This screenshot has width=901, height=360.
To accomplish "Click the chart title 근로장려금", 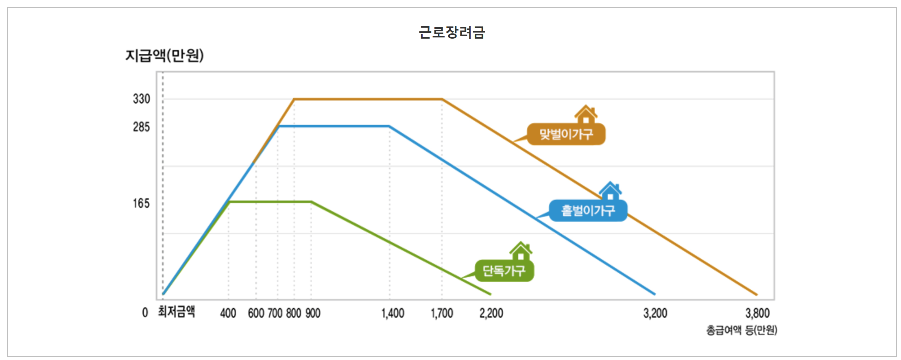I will pos(452,32).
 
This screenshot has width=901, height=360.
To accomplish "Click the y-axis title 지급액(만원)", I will pos(164,55).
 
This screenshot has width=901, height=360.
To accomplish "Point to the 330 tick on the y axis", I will pos(142,99).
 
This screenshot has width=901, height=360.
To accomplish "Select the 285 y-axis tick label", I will pos(142,127).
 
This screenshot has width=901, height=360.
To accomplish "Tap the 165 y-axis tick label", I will pos(142,203).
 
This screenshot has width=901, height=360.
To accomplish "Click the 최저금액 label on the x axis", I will pos(177,312).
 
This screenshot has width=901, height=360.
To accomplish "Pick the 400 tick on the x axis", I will pos(228,313).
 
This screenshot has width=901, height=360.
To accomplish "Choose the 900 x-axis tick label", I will pos(313,313).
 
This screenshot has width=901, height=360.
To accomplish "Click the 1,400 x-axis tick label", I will pos(393,313).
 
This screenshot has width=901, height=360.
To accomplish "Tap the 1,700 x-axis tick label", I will pos(442,313).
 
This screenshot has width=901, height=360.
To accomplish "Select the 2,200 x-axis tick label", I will pos(491,313).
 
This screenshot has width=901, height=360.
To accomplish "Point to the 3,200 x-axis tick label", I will pos(655,313).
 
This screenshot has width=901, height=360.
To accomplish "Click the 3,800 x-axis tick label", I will pos(757,313).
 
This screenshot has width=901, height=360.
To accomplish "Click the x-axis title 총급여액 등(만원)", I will pos(741,330).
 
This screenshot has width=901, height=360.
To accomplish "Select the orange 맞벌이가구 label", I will pos(566,134).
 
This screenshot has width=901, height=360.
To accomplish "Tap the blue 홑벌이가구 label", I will pos(588,211).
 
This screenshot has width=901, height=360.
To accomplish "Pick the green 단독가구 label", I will pos(504,271).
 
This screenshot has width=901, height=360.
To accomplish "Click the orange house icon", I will pos(586,114).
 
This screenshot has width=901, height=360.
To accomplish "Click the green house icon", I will pos(521,251).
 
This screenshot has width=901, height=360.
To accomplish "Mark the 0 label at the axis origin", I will pos(145,313).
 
